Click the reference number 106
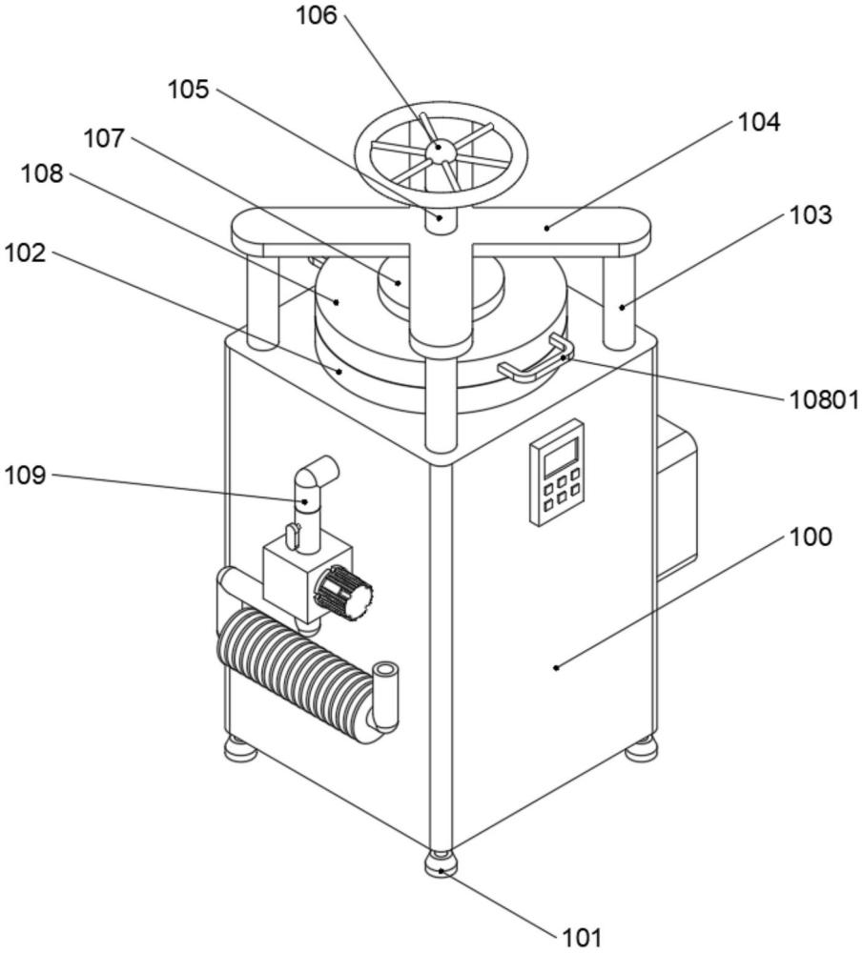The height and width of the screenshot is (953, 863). [x=317, y=16]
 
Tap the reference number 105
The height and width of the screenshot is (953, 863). [x=189, y=90]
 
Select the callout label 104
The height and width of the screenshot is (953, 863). [x=759, y=122]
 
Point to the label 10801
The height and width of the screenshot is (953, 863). [x=824, y=399]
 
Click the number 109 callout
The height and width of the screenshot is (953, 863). [x=25, y=476]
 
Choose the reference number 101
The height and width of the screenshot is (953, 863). [x=580, y=937]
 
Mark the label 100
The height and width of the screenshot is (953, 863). [x=811, y=537]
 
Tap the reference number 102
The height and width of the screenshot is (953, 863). [x=25, y=253]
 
